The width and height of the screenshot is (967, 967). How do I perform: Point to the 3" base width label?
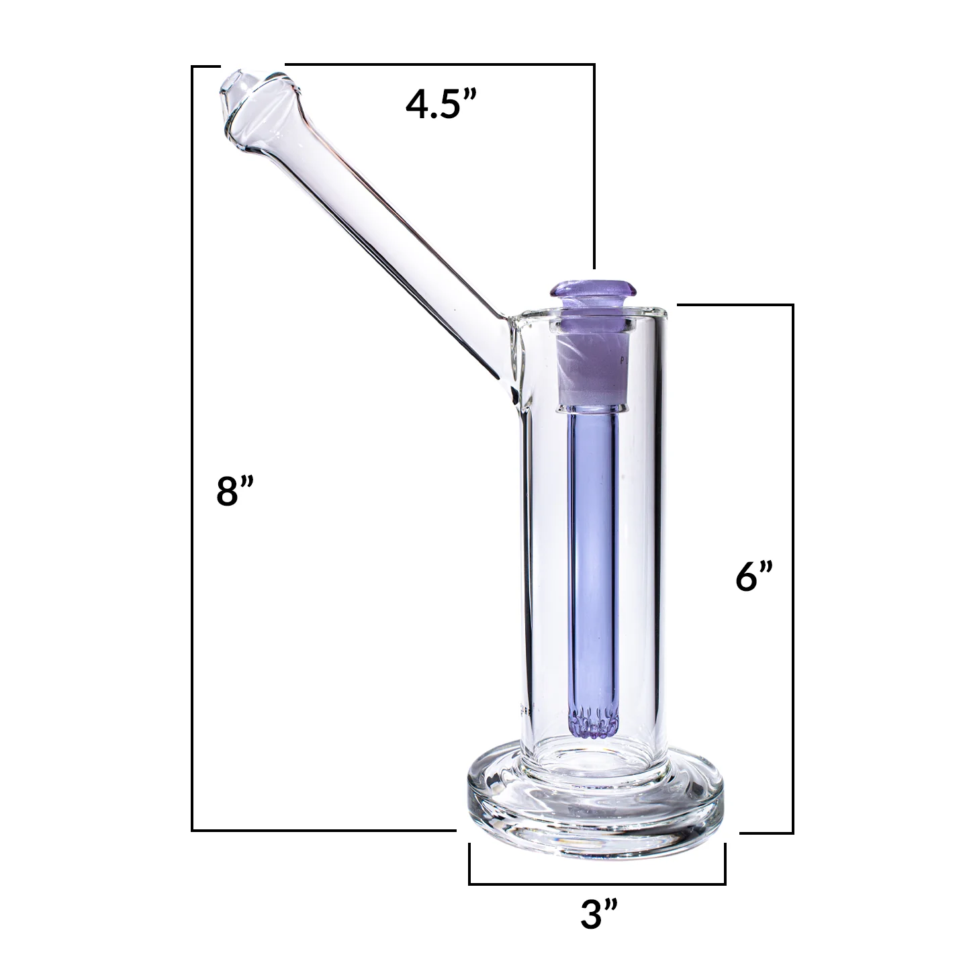[x=598, y=915]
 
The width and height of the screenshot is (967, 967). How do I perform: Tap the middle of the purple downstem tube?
[x=593, y=571]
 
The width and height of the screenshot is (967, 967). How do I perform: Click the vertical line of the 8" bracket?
[x=193, y=470]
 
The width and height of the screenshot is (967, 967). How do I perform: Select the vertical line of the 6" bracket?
[x=793, y=571]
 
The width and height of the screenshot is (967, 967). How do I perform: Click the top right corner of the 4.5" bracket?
[x=594, y=65]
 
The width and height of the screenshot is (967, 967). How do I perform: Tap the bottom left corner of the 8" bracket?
[x=193, y=830]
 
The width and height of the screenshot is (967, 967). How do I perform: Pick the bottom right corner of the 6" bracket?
[x=792, y=833]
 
